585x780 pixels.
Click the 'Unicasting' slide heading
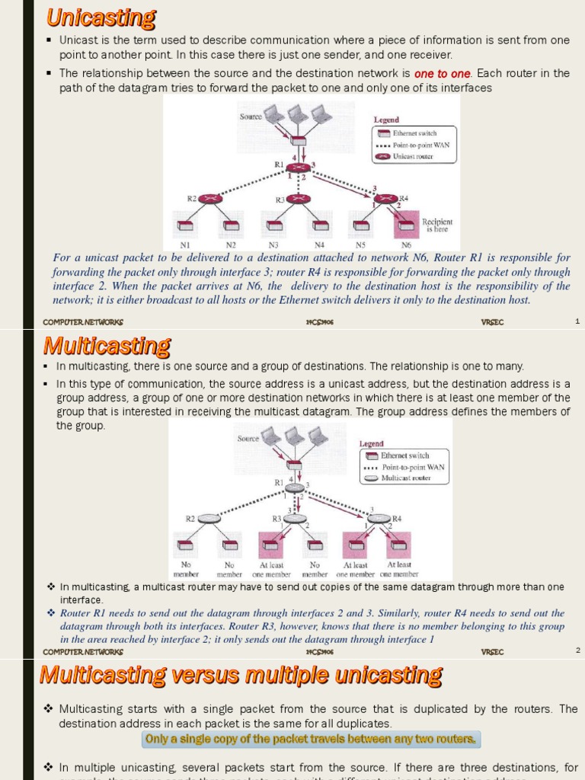pyautogui.click(x=101, y=18)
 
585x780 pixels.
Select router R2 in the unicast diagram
pyautogui.click(x=209, y=199)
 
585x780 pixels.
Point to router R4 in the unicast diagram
pyautogui.click(x=387, y=199)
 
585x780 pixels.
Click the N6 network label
pyautogui.click(x=406, y=245)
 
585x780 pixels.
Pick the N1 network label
pyautogui.click(x=185, y=245)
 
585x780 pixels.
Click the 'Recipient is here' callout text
pyautogui.click(x=438, y=225)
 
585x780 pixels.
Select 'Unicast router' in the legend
pyautogui.click(x=413, y=156)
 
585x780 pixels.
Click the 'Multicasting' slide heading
pyautogui.click(x=107, y=347)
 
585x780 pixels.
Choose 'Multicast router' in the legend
pyautogui.click(x=407, y=478)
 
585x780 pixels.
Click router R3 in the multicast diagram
pyautogui.click(x=296, y=519)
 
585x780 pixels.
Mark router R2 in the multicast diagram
pyautogui.click(x=209, y=518)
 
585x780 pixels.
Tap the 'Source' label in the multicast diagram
pyautogui.click(x=248, y=439)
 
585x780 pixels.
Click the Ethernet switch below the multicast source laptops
pyautogui.click(x=295, y=464)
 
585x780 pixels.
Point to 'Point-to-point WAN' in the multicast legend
pyautogui.click(x=412, y=467)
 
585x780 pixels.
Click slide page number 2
pyautogui.click(x=577, y=651)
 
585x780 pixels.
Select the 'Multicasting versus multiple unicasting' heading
pyautogui.click(x=240, y=675)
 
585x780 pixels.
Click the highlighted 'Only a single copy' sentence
pyautogui.click(x=311, y=739)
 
